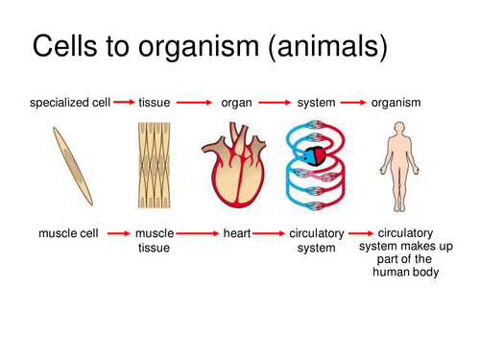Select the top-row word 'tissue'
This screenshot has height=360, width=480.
[155, 102]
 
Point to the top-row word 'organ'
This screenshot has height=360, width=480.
[236, 102]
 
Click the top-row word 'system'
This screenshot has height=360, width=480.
[316, 102]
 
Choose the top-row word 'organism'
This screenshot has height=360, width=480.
[397, 102]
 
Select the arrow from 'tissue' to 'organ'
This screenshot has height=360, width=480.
[195, 101]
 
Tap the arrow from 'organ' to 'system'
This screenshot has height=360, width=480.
[275, 101]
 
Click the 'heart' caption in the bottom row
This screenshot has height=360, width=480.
[236, 232]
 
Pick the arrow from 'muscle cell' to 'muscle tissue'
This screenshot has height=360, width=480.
[118, 232]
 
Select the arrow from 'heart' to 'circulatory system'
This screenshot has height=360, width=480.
[271, 232]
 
